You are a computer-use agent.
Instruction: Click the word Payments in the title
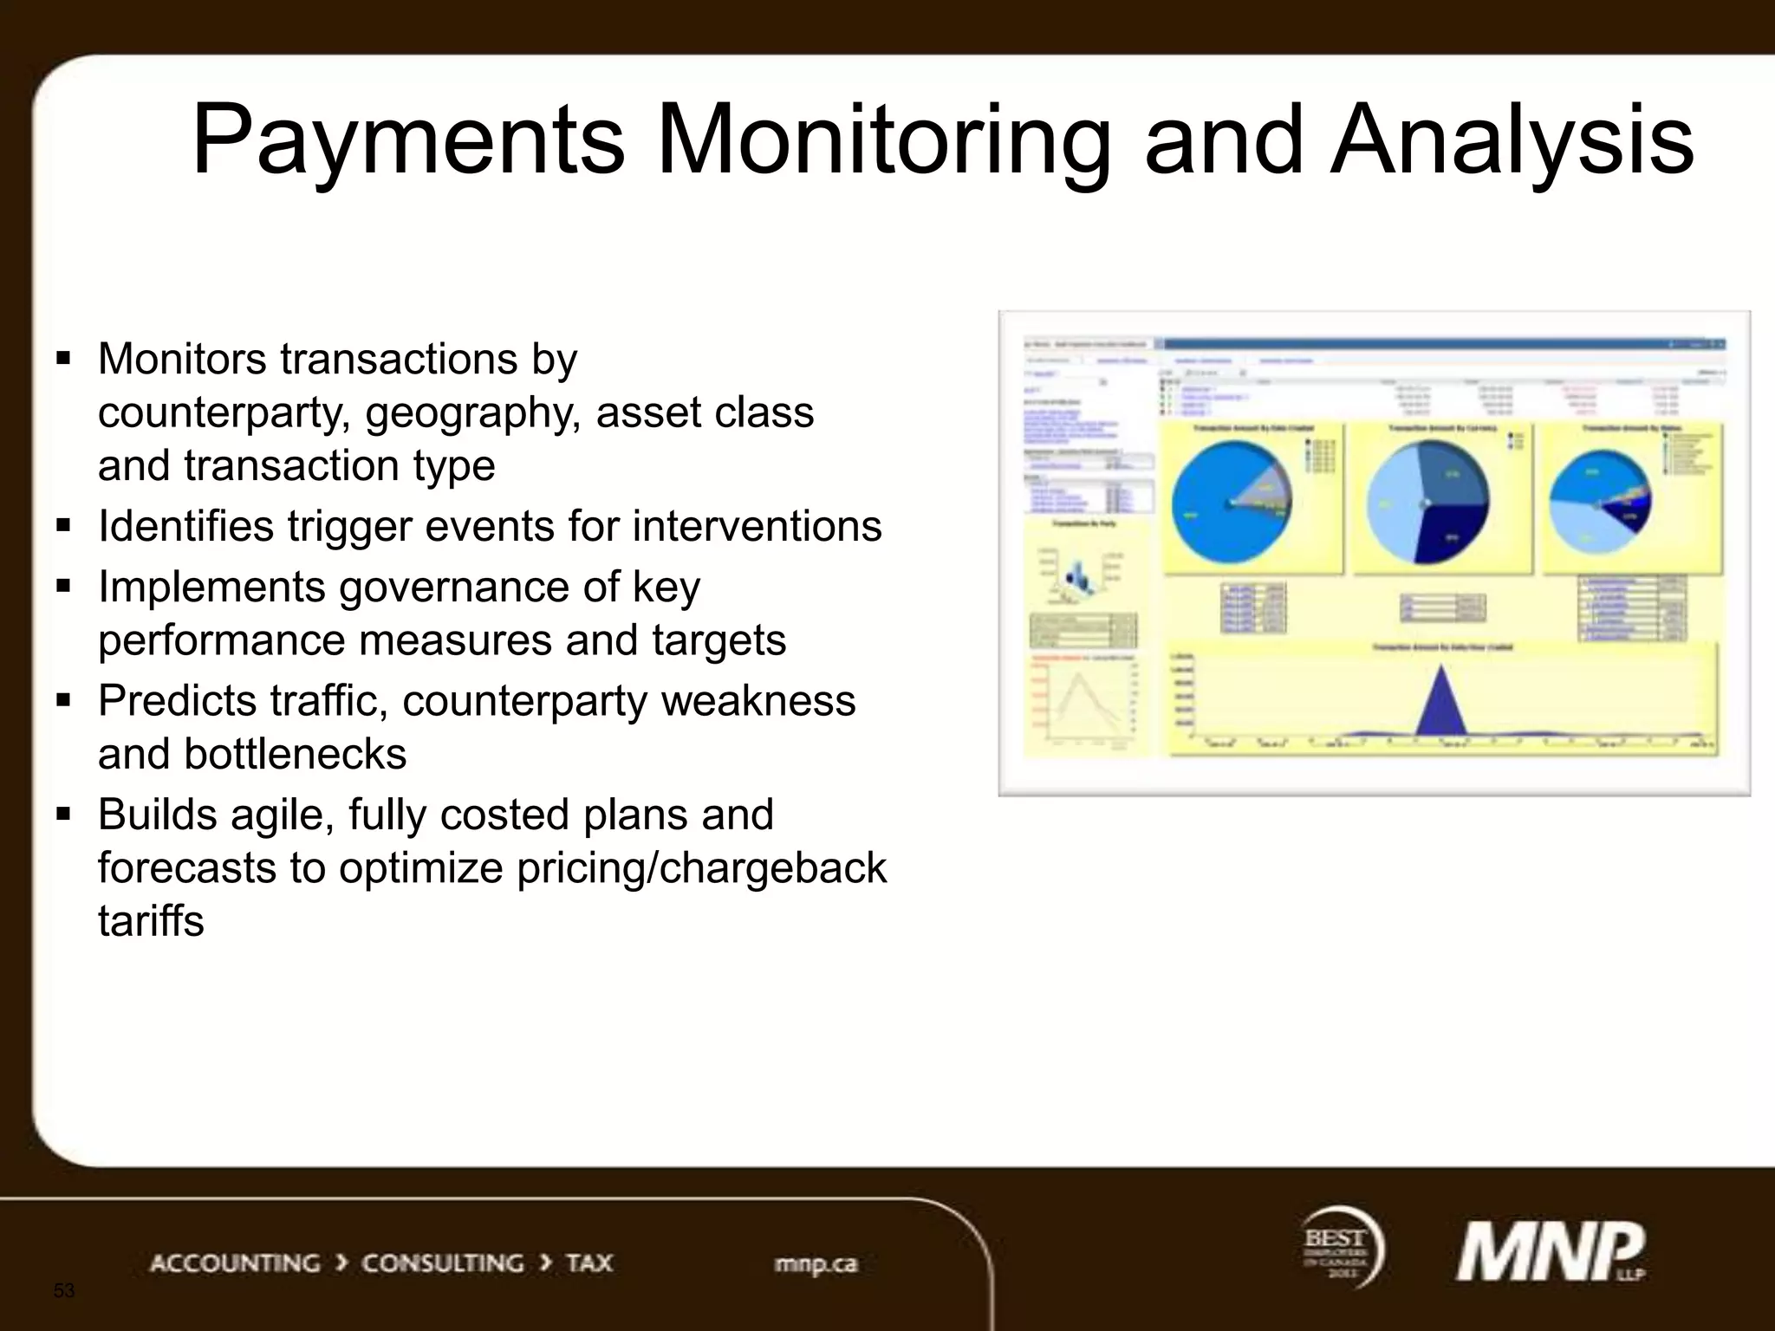(x=407, y=140)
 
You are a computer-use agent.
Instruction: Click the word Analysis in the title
(x=1512, y=140)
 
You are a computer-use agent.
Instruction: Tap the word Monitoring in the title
(x=883, y=140)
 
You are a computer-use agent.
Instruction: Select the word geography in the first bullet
(x=472, y=412)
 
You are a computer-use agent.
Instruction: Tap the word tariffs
(x=151, y=920)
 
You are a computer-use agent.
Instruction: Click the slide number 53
(x=64, y=1290)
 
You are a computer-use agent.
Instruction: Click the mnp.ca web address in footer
(x=816, y=1263)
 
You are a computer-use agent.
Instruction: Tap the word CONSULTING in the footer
(x=442, y=1263)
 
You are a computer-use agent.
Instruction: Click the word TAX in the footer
(x=589, y=1263)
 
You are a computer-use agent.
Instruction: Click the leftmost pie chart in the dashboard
(x=1232, y=503)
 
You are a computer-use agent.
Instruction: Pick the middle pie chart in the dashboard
(x=1427, y=503)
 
